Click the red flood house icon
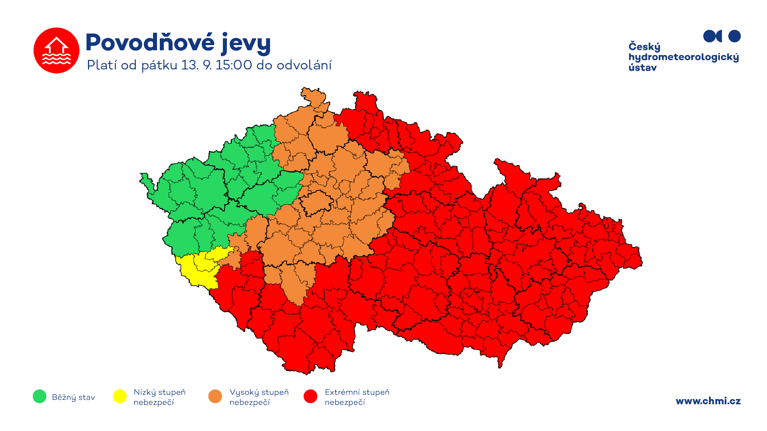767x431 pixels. (x=56, y=50)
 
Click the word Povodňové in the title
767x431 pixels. (x=150, y=42)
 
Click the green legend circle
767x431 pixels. (x=40, y=396)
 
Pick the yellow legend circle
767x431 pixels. (x=120, y=396)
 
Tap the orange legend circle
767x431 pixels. (x=215, y=396)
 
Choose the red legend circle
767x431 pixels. (x=310, y=396)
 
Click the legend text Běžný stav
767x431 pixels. (x=74, y=397)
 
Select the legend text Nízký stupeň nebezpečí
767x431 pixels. (x=159, y=397)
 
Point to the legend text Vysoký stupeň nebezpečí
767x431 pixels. (x=259, y=397)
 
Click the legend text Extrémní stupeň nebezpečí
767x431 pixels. (x=357, y=397)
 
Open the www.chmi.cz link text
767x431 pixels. (x=708, y=401)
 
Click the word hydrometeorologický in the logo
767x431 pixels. (x=684, y=57)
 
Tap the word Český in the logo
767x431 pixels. (x=644, y=47)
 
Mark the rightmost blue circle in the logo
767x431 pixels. (x=734, y=36)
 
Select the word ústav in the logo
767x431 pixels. (x=642, y=68)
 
